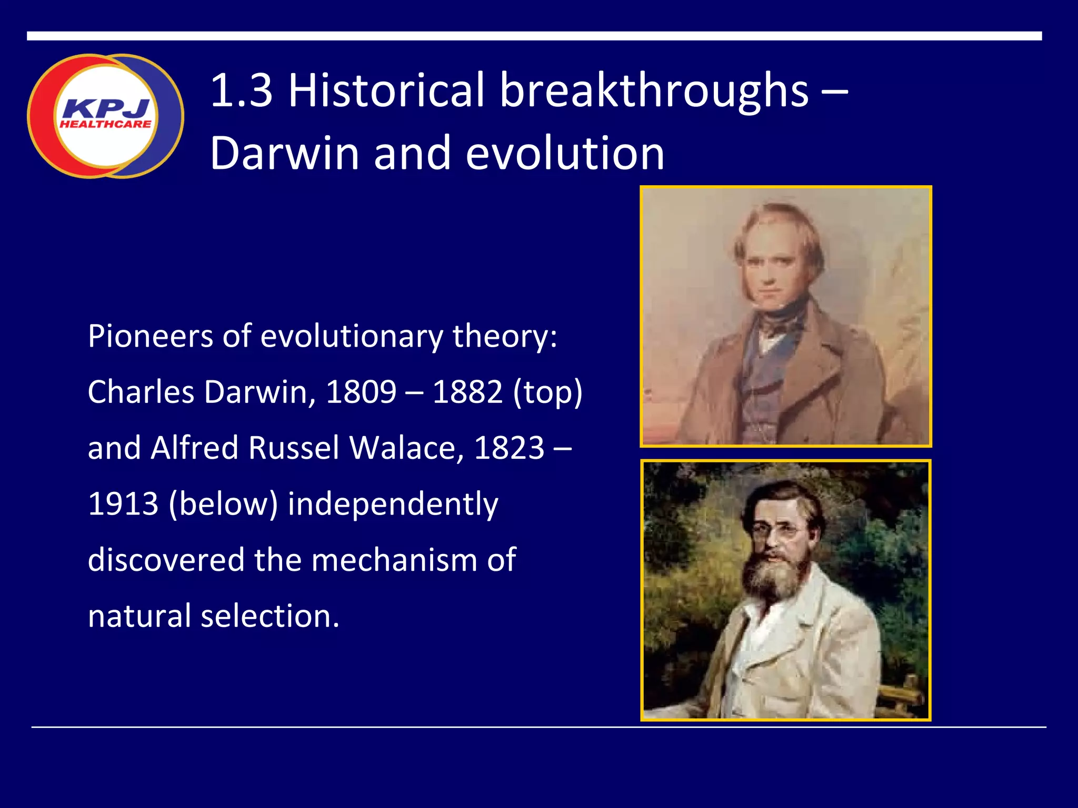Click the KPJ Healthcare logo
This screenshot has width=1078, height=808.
click(x=105, y=116)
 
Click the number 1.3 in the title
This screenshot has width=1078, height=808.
click(x=242, y=90)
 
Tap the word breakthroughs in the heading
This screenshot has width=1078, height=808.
click(x=653, y=90)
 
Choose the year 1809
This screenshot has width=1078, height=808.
click(x=361, y=392)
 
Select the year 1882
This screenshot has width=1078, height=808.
click(x=467, y=392)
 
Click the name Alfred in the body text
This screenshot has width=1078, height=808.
click(x=194, y=448)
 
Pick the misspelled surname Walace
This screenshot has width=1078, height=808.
click(x=406, y=448)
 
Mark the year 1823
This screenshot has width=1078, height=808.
click(x=509, y=448)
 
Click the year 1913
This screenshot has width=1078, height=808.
click(x=123, y=503)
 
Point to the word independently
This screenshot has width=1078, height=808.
click(x=393, y=504)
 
